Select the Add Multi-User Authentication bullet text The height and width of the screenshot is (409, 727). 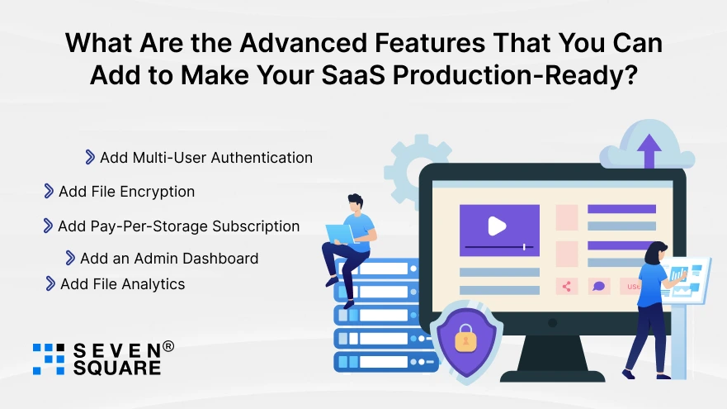tap(205, 157)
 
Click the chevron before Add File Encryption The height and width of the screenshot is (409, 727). tap(49, 191)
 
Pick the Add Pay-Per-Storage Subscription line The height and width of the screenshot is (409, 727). tap(178, 226)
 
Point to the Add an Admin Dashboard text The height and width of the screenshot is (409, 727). tap(169, 258)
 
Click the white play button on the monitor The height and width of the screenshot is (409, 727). tap(497, 226)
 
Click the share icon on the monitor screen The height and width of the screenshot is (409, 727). tap(566, 287)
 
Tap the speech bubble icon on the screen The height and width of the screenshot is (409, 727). tap(599, 287)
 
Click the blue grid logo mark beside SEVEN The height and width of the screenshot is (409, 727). tap(49, 358)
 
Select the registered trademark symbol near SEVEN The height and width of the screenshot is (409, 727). tap(168, 347)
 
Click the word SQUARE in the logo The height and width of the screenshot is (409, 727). tap(117, 369)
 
